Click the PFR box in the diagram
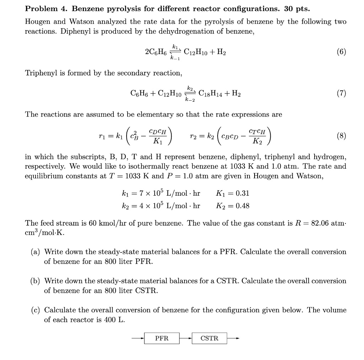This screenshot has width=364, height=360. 162,338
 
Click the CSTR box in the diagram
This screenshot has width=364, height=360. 209,338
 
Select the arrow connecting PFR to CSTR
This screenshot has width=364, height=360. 186,338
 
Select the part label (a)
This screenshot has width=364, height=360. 35,252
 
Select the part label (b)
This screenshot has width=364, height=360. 35,281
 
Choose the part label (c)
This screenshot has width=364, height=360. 35,310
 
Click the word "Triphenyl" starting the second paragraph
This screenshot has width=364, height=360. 39,73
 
